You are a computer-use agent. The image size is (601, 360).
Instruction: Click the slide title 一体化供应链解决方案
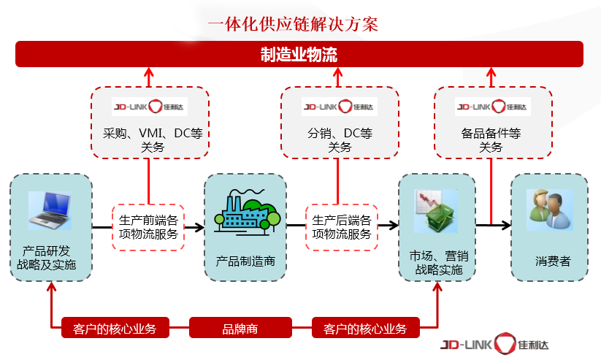click(x=293, y=23)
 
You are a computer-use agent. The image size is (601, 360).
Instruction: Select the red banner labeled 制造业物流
click(x=299, y=55)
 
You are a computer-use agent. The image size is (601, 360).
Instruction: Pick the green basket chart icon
click(x=436, y=212)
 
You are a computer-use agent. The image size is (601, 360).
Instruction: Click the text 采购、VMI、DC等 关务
click(x=149, y=140)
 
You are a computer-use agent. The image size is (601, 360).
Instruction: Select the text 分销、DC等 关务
click(x=340, y=140)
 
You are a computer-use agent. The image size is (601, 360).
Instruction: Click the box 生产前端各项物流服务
click(x=148, y=227)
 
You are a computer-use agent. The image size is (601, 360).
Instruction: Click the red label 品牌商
click(x=240, y=329)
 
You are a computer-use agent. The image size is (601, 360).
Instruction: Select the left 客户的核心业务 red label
click(x=115, y=329)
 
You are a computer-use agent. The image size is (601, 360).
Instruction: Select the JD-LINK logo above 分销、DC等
click(x=339, y=106)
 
